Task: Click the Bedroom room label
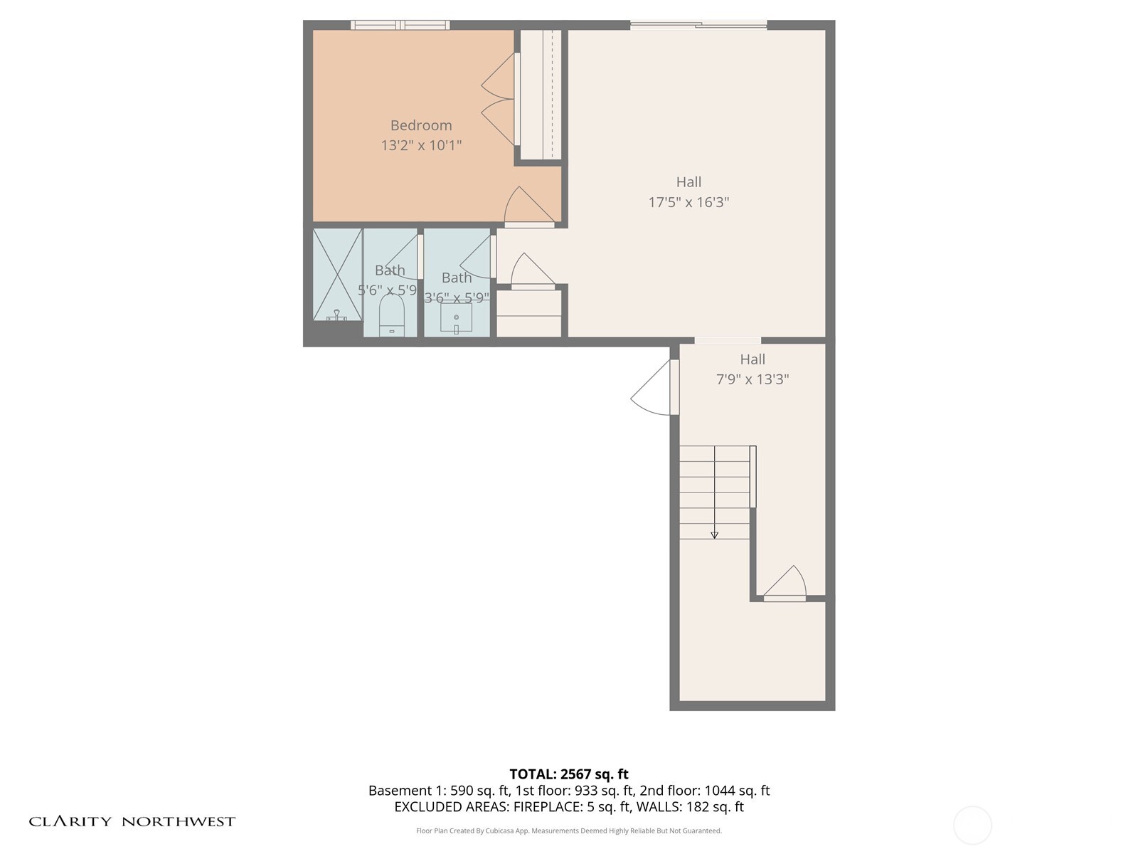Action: (x=421, y=125)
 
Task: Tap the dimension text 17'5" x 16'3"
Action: (x=688, y=202)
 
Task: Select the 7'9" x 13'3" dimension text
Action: (x=753, y=379)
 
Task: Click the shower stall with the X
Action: (x=338, y=274)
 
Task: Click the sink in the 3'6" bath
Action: (x=456, y=318)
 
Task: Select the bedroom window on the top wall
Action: (x=400, y=25)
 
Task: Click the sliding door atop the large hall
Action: (x=698, y=25)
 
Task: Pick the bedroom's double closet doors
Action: (x=499, y=99)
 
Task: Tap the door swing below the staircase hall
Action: (x=786, y=582)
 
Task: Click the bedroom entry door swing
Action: (x=527, y=207)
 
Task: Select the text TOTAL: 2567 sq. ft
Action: (x=569, y=774)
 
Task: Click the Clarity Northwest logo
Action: (x=132, y=821)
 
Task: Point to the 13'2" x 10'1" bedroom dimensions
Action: (x=421, y=146)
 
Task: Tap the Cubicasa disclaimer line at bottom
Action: (x=569, y=831)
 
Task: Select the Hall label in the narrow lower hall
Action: (x=753, y=359)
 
